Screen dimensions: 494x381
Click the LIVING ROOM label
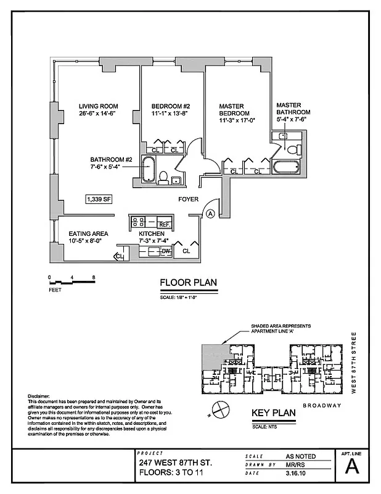click(x=98, y=106)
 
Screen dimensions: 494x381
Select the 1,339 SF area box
click(x=99, y=199)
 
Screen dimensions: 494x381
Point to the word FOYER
click(x=188, y=199)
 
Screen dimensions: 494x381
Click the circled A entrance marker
click(x=210, y=213)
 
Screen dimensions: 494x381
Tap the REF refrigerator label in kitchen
click(x=165, y=225)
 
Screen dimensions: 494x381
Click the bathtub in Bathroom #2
click(x=148, y=169)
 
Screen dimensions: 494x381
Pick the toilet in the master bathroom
click(x=293, y=149)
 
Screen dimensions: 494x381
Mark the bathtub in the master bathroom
click(x=286, y=167)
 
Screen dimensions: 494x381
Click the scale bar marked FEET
click(x=71, y=282)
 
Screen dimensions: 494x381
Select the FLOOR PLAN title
click(x=188, y=283)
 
